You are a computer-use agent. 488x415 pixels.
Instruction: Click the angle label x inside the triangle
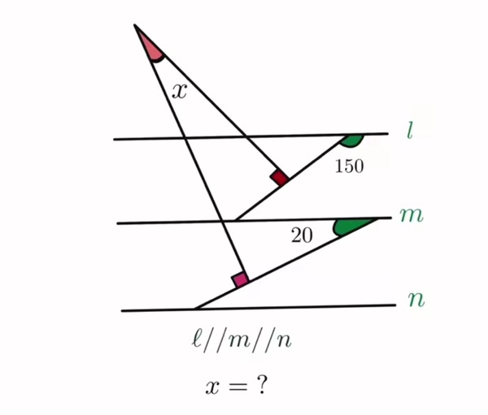coord(180,92)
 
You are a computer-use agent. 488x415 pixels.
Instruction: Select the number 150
coord(349,166)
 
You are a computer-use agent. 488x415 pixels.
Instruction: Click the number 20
coord(302,236)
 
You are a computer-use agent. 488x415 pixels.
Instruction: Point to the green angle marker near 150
coord(351,140)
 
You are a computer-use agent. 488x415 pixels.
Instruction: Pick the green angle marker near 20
coord(350,227)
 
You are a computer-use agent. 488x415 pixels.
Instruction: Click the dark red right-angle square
coord(280,178)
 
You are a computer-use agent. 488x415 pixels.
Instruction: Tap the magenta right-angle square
coord(240,279)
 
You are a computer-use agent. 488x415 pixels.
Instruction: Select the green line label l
coord(411,130)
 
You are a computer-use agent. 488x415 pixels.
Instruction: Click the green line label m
coord(412,214)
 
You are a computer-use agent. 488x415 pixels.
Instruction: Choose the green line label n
coord(416,300)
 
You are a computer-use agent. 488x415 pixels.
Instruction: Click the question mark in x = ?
coord(262,385)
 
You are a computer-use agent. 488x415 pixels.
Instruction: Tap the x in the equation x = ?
coord(212,387)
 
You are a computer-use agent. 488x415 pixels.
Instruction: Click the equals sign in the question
coord(238,387)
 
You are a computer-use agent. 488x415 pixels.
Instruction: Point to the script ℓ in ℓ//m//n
coord(196,339)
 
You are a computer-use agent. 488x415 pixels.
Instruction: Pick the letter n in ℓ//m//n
coord(284,342)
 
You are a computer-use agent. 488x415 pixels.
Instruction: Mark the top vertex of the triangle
coord(134,24)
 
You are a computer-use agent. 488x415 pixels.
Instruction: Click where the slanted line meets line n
coord(195,309)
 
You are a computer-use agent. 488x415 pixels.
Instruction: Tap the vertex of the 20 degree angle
coord(379,218)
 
